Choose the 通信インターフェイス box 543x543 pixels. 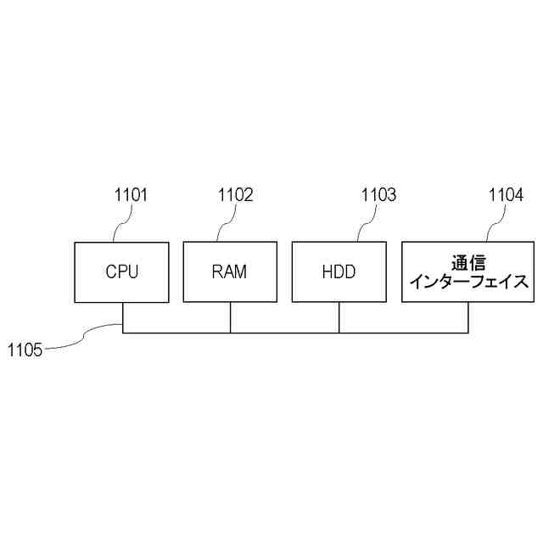[x=467, y=272]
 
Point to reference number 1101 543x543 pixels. [x=132, y=196]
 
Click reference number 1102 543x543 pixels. [x=236, y=196]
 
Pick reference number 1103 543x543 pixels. [x=378, y=196]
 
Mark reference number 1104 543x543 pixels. [x=506, y=196]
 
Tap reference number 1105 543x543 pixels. [x=25, y=349]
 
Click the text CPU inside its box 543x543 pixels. [x=121, y=273]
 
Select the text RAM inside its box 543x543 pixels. [x=229, y=273]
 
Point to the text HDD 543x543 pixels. [x=339, y=273]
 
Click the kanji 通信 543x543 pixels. [x=467, y=262]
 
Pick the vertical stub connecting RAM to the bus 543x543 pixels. [x=230, y=317]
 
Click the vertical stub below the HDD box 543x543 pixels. [x=339, y=317]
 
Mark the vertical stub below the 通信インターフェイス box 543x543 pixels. [x=467, y=317]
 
